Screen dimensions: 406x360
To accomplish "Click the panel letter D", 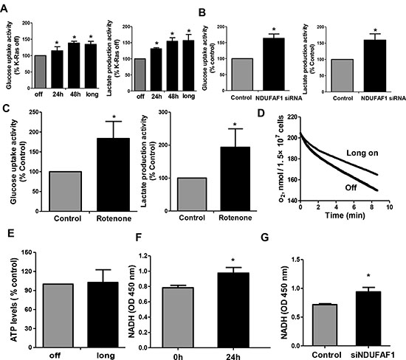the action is [x=261, y=113].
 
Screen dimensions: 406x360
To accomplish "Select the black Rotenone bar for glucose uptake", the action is [x=113, y=175].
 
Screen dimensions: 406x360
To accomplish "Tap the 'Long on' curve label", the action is [x=362, y=153].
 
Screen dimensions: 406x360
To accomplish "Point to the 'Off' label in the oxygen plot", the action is [x=351, y=187].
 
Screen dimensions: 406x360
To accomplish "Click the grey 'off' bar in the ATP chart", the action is [x=58, y=316].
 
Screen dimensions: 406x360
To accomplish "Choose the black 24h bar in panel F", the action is [x=233, y=310].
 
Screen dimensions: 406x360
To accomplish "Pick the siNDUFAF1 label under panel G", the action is [x=373, y=355].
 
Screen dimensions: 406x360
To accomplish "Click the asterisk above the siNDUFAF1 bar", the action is [x=368, y=276].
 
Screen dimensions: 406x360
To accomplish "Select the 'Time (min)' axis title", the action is [x=345, y=215].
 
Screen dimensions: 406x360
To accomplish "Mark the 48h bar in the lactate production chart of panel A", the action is [x=172, y=66].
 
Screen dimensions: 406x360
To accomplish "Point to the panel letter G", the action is [x=265, y=237].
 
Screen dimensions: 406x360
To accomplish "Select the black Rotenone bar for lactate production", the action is [x=235, y=179].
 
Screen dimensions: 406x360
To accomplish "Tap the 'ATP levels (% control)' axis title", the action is [x=13, y=300].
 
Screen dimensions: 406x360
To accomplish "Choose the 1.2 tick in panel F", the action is [x=142, y=256].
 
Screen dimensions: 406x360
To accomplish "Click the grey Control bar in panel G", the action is [x=326, y=325].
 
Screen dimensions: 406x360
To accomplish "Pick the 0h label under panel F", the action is [x=178, y=357].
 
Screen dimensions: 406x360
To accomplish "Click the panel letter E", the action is [x=11, y=233].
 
